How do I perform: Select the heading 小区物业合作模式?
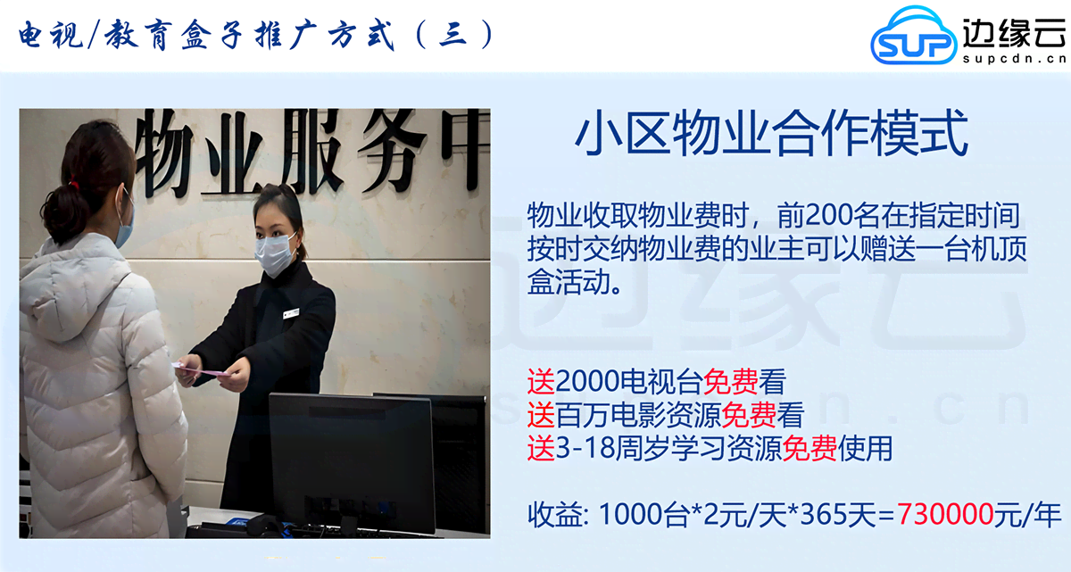770,136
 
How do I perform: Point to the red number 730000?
946,515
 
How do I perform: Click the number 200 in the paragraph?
831,215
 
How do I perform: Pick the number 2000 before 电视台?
585,383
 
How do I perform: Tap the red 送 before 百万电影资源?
541,415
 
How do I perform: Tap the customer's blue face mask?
124,228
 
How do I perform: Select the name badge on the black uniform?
290,313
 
